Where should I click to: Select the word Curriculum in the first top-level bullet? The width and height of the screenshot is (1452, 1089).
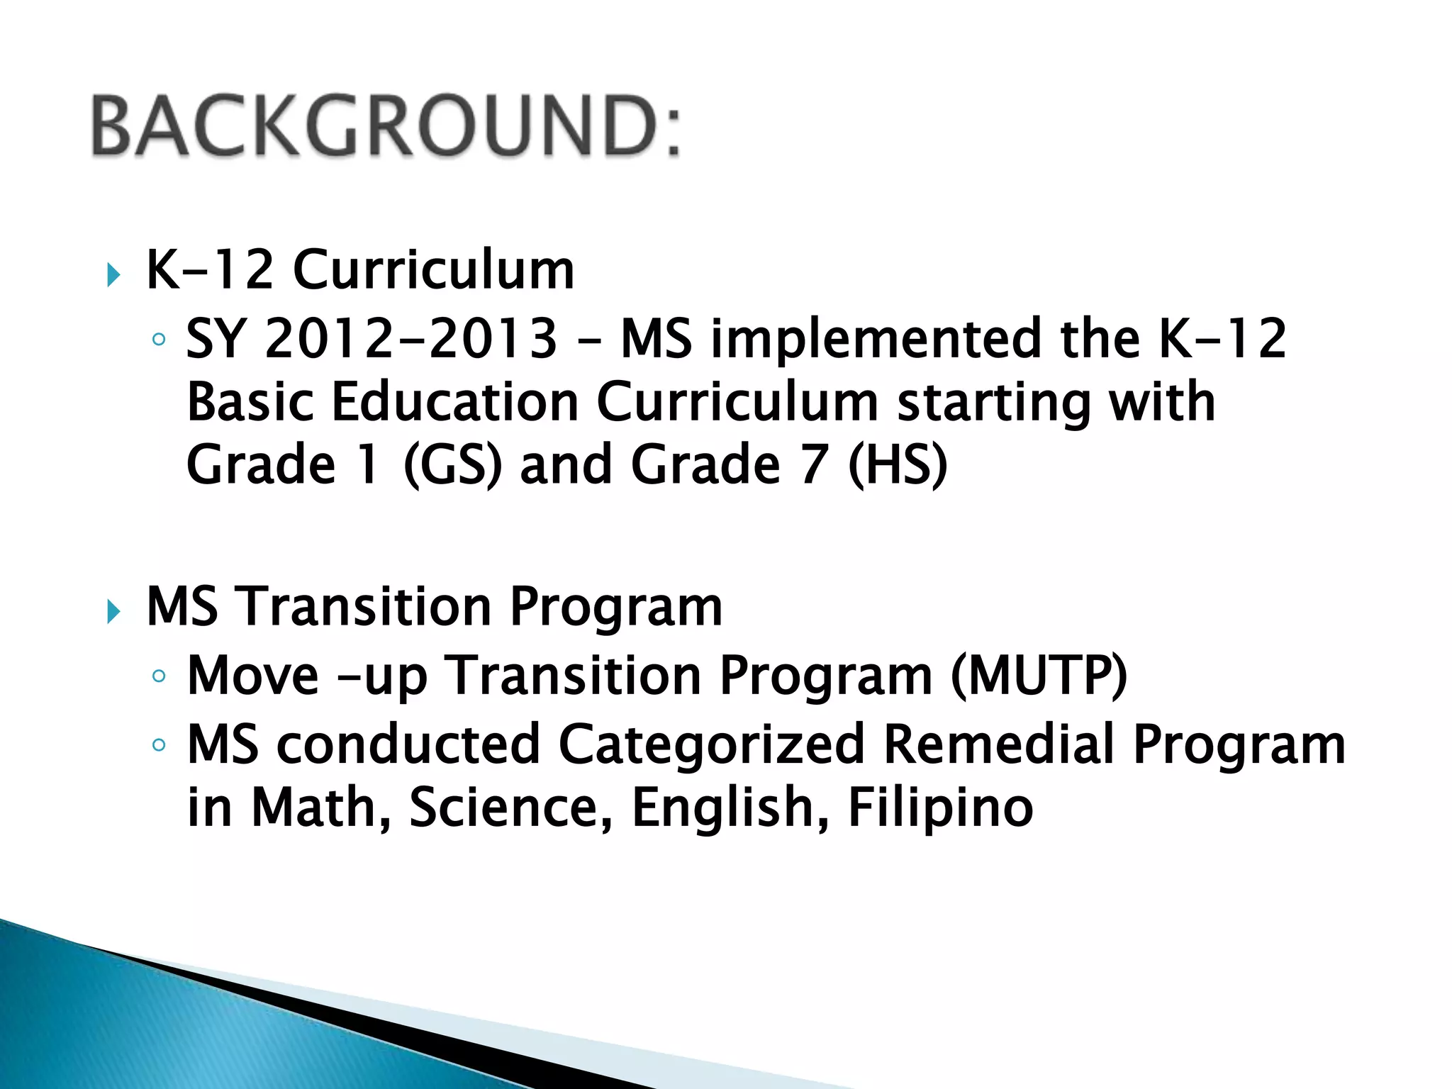(x=433, y=270)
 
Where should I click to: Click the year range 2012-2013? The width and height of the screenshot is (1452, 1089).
(x=411, y=338)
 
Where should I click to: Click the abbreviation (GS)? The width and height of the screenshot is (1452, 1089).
(x=452, y=465)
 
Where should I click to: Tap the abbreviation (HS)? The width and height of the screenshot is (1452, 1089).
(x=897, y=465)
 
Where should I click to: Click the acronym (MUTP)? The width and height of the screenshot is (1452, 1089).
(x=1038, y=675)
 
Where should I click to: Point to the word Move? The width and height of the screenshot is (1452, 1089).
(x=252, y=675)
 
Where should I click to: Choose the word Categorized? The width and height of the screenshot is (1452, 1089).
(x=711, y=744)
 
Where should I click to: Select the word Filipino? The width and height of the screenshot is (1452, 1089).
(x=940, y=808)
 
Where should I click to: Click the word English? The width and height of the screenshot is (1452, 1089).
(x=730, y=808)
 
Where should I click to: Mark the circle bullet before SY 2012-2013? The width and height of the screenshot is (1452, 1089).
(x=159, y=340)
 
